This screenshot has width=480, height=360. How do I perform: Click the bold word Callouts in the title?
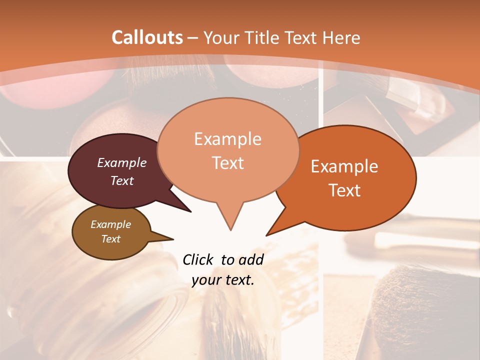click(x=147, y=37)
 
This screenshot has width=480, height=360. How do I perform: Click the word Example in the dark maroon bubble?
click(x=122, y=162)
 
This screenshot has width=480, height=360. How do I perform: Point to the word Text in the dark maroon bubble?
click(x=122, y=180)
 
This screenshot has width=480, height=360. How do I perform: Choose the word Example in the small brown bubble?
click(x=110, y=224)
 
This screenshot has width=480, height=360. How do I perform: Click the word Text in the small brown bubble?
click(x=110, y=239)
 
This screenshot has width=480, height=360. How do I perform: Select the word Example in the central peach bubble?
click(x=227, y=139)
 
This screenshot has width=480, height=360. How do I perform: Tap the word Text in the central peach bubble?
click(x=227, y=163)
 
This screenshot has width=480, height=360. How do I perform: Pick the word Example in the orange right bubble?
click(x=344, y=166)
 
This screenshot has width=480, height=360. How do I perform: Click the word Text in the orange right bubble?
click(x=344, y=190)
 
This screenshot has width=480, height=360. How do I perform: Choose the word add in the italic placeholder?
click(x=252, y=259)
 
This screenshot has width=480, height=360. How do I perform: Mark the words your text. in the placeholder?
click(x=223, y=280)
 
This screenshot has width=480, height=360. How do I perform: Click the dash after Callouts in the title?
click(x=193, y=38)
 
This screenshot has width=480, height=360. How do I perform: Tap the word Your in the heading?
click(x=221, y=37)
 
